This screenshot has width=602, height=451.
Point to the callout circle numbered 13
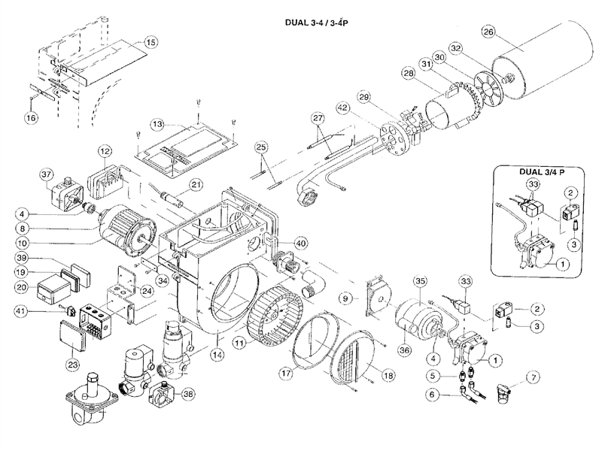pyautogui.click(x=157, y=123)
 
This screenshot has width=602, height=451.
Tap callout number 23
pyautogui.click(x=74, y=365)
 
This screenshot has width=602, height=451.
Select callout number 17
pyautogui.click(x=284, y=371)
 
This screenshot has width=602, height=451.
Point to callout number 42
pyautogui.click(x=343, y=108)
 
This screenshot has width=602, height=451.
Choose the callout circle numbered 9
pyautogui.click(x=345, y=298)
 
